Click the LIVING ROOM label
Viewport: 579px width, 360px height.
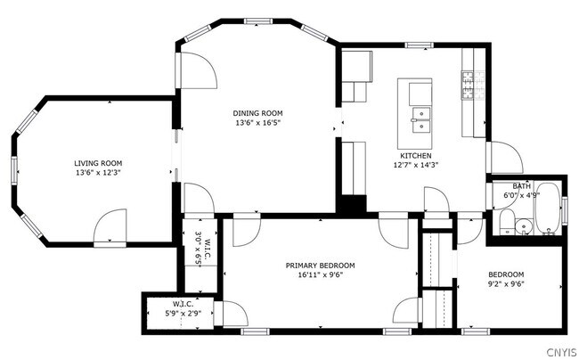[98, 163]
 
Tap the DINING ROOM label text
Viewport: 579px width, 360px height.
[257, 113]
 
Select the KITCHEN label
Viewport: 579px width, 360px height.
[416, 156]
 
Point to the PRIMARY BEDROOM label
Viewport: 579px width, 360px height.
[320, 266]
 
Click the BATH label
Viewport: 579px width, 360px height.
[521, 186]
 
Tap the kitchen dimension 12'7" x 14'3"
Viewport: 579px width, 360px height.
[416, 165]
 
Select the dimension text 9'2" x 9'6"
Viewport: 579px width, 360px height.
[506, 284]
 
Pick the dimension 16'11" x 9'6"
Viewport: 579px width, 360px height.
[320, 274]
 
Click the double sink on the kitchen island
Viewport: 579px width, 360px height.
[421, 120]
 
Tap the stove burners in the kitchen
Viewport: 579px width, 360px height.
[473, 86]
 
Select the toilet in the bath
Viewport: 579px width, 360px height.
[506, 222]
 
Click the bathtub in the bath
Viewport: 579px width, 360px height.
[548, 208]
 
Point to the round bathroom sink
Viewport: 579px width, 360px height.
[524, 226]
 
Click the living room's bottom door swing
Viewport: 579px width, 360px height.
[110, 226]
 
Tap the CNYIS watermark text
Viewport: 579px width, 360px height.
[561, 352]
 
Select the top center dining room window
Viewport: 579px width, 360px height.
[258, 21]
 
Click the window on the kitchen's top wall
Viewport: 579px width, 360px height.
[420, 45]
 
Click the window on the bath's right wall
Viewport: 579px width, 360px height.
[564, 211]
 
